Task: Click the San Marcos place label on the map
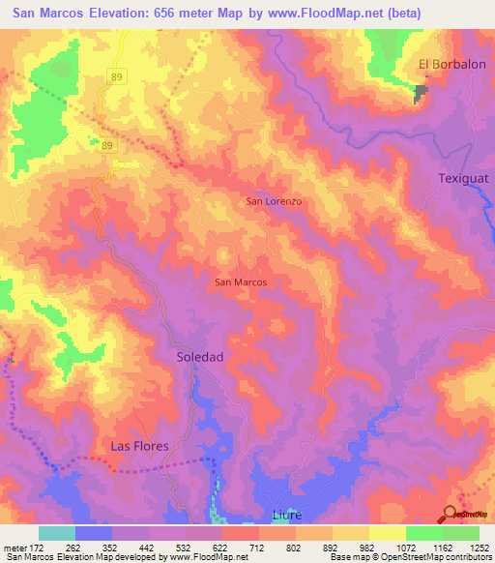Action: pos(240,282)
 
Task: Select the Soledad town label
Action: pos(200,357)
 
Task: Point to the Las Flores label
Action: pos(139,446)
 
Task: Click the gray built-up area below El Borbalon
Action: pos(422,92)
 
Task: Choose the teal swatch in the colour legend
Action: pos(56,533)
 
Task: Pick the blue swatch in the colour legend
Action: pos(93,533)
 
